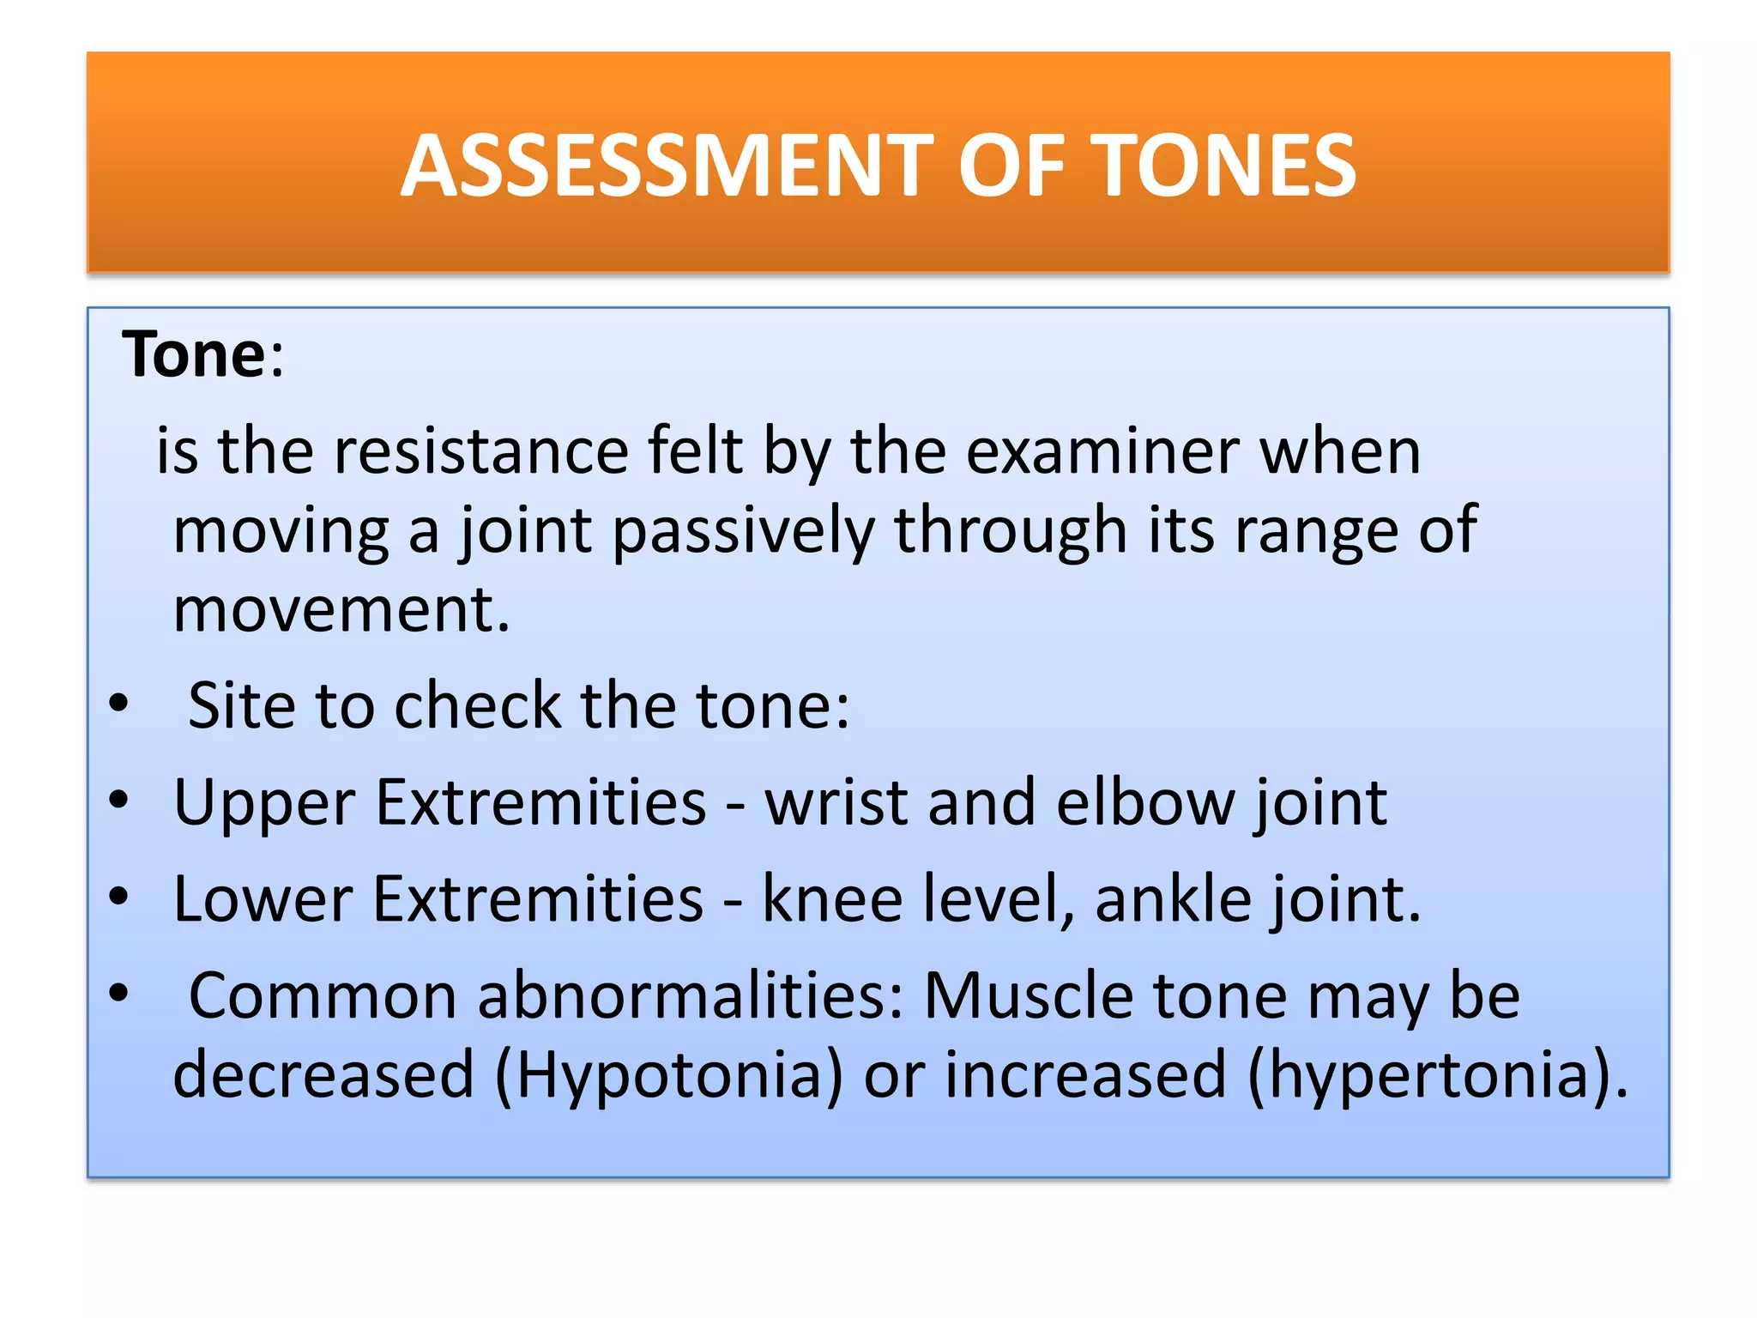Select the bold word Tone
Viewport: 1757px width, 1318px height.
point(194,354)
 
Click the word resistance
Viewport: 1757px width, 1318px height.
point(480,451)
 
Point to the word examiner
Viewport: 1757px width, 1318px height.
point(1102,451)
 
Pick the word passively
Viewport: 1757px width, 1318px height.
point(743,532)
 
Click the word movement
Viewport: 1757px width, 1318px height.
point(341,610)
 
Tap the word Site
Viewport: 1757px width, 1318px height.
point(241,706)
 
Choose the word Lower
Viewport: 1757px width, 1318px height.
point(263,900)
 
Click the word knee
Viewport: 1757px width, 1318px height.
point(832,900)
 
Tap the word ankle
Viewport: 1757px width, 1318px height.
point(1173,900)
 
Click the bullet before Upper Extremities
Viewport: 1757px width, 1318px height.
point(118,801)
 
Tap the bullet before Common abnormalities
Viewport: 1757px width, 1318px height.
point(118,994)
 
